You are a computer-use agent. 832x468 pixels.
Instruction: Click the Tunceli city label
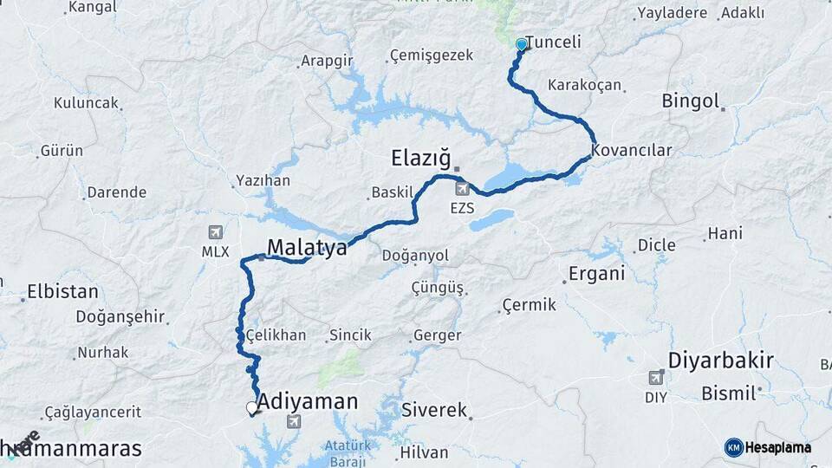click(x=554, y=42)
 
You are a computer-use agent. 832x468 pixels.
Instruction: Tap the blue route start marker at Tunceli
click(x=521, y=44)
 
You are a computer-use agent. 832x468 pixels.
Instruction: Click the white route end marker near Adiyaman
click(x=252, y=407)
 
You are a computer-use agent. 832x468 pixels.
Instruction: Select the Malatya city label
click(x=307, y=247)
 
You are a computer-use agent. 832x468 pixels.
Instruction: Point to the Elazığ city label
click(x=422, y=158)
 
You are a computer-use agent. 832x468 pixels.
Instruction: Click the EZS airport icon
click(x=461, y=188)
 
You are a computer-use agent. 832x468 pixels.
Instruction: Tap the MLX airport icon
click(x=215, y=232)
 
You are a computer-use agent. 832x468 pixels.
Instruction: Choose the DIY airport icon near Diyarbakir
click(x=656, y=377)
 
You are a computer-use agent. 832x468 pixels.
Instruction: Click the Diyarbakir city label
click(x=721, y=361)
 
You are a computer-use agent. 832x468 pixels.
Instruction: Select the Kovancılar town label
click(x=632, y=150)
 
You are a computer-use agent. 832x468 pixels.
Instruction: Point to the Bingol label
click(x=691, y=101)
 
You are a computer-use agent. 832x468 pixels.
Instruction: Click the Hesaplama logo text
click(x=778, y=447)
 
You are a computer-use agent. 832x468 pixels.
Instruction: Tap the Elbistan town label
click(x=62, y=290)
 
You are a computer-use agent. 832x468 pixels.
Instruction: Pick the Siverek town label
click(x=434, y=409)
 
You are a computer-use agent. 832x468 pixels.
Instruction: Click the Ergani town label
click(x=596, y=274)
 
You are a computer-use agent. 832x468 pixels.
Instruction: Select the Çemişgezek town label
click(x=432, y=55)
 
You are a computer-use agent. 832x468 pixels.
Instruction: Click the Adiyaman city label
click(x=308, y=401)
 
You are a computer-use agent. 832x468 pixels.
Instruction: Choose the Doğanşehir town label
click(x=120, y=317)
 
